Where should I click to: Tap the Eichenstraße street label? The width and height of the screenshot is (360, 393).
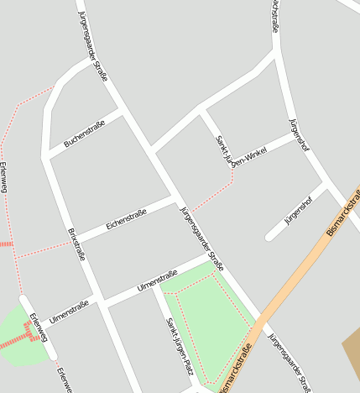pos(126,220)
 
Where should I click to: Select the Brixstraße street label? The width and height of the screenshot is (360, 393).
pos(76,244)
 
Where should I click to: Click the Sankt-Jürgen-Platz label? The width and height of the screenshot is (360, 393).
pos(179,344)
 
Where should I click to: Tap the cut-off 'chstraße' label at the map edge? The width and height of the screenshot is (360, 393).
pos(274,16)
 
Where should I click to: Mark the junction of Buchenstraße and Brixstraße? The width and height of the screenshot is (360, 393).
pos(47,154)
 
